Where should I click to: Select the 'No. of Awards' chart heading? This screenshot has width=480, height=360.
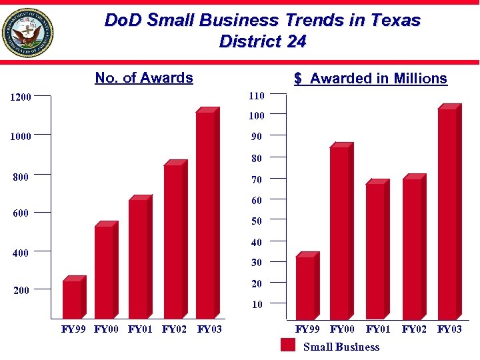(144, 78)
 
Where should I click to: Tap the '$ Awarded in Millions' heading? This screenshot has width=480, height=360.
(371, 79)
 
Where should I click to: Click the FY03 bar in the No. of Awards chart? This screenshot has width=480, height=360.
(206, 213)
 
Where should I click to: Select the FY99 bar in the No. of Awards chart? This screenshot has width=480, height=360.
(72, 299)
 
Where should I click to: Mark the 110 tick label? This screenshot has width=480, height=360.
(257, 96)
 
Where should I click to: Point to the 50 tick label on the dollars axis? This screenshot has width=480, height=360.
(257, 221)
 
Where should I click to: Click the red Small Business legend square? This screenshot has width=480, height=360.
(288, 345)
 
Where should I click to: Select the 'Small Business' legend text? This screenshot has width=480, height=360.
(341, 347)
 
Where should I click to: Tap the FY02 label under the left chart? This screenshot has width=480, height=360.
(175, 329)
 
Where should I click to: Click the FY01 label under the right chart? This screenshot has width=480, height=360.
(378, 329)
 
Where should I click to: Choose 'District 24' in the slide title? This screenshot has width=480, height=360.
(263, 42)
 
